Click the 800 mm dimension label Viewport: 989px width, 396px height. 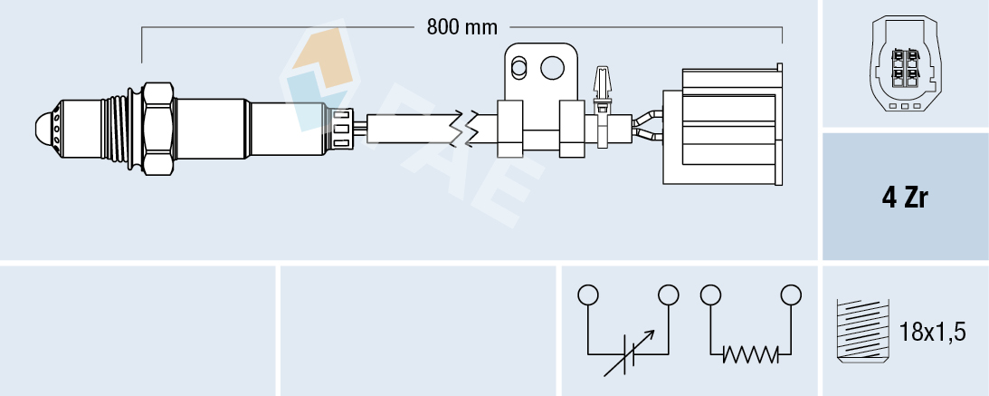pyautogui.click(x=461, y=27)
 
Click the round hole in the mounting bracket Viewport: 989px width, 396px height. pyautogui.click(x=551, y=67)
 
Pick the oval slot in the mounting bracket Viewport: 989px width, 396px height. pyautogui.click(x=519, y=67)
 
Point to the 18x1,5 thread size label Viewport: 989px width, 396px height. pyautogui.click(x=932, y=332)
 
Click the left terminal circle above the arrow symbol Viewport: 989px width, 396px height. pyautogui.click(x=588, y=295)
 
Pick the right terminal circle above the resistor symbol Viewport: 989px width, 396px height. pyautogui.click(x=791, y=295)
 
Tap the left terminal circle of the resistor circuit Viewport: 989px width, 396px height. pyautogui.click(x=710, y=295)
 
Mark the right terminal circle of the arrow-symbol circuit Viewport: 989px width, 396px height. pyautogui.click(x=669, y=295)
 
